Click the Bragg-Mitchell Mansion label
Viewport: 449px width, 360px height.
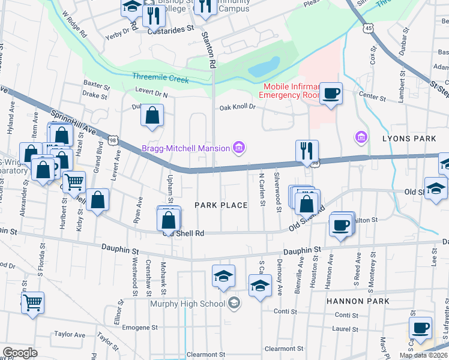186,148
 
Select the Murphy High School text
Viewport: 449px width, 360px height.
187,304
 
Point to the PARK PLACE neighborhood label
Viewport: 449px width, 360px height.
221,205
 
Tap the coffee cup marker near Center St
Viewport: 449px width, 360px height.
331,94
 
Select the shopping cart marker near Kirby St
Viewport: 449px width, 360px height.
73,181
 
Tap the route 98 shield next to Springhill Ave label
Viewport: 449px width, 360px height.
113,140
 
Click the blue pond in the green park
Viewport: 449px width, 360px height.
264,67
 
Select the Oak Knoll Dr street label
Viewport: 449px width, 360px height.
238,107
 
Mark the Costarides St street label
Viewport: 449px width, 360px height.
172,28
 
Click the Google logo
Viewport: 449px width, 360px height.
20,352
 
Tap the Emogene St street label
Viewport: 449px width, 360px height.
139,328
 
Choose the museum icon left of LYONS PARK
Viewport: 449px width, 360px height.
361,138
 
